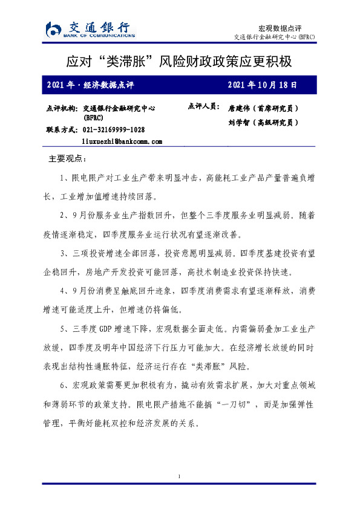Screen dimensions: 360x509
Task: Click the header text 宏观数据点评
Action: click(280, 28)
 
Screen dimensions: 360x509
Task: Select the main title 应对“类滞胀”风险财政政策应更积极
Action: click(180, 62)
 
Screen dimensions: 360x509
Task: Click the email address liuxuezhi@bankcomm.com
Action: click(122, 141)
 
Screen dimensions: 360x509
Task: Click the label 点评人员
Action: click(204, 106)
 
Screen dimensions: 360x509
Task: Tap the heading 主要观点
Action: click(67, 160)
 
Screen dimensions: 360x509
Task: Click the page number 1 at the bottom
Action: click(180, 478)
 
